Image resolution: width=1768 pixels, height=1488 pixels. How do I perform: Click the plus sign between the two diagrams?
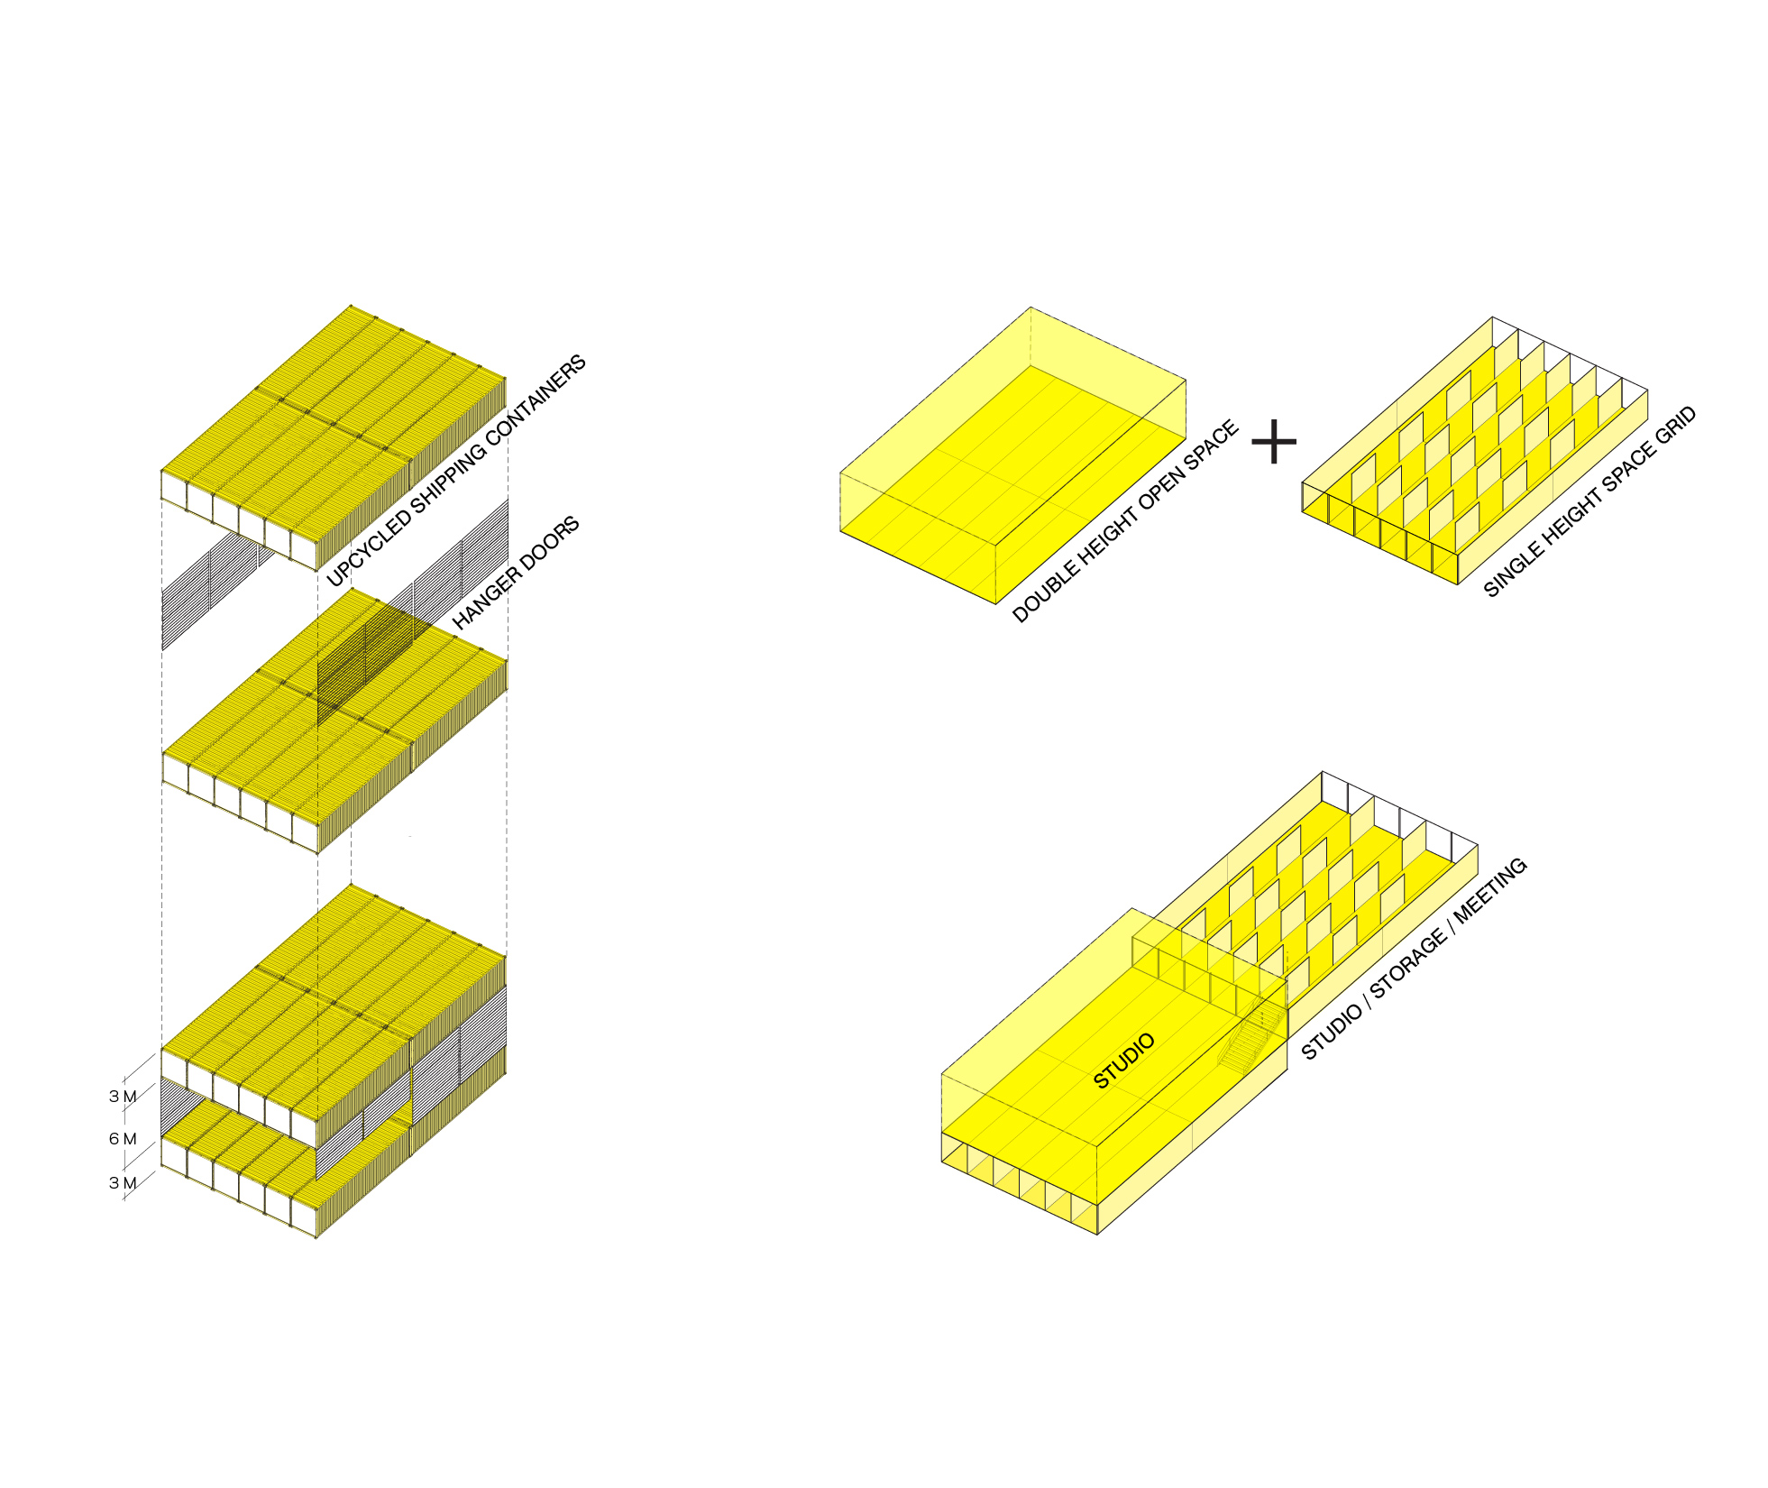1273,442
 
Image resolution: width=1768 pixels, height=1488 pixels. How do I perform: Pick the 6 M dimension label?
123,1138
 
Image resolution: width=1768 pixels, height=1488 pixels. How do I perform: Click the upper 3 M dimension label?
123,1097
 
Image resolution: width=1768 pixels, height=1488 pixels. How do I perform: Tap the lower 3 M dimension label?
123,1183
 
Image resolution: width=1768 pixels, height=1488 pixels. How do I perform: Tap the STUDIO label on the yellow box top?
1124,1061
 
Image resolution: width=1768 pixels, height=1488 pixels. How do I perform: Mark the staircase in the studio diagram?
1251,1041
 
